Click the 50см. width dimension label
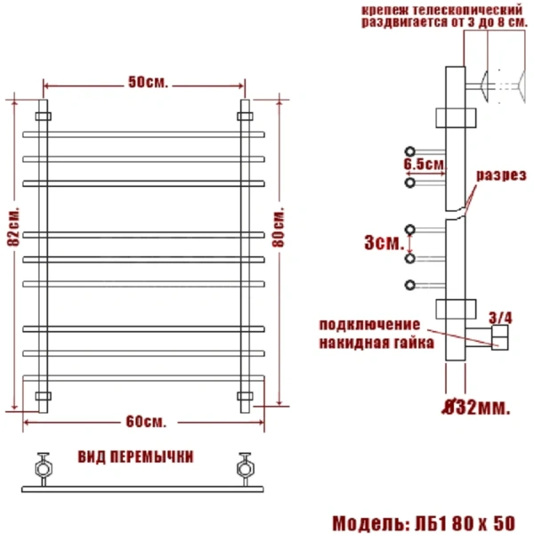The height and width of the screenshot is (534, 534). (148, 82)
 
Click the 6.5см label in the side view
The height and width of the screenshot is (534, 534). (423, 165)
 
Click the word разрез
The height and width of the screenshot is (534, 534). (499, 175)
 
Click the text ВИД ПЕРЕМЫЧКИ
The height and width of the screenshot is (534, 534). (136, 457)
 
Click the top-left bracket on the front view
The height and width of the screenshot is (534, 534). (43, 116)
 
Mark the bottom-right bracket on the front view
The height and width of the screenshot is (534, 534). (246, 395)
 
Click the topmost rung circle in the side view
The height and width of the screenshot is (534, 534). (410, 150)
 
